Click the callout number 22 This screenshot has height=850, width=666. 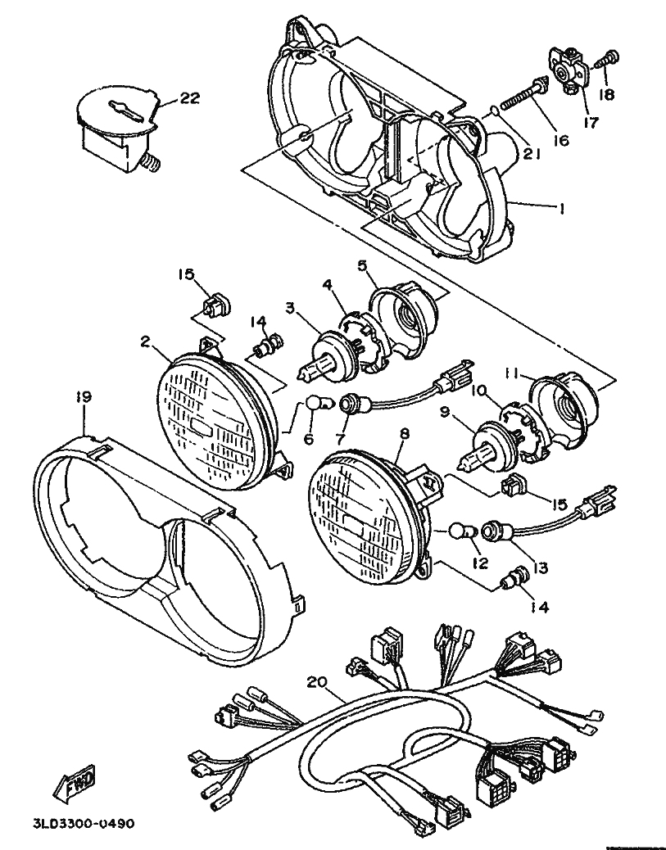coord(189,98)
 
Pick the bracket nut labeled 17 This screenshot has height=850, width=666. coord(566,75)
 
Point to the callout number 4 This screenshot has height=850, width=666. coord(328,284)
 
